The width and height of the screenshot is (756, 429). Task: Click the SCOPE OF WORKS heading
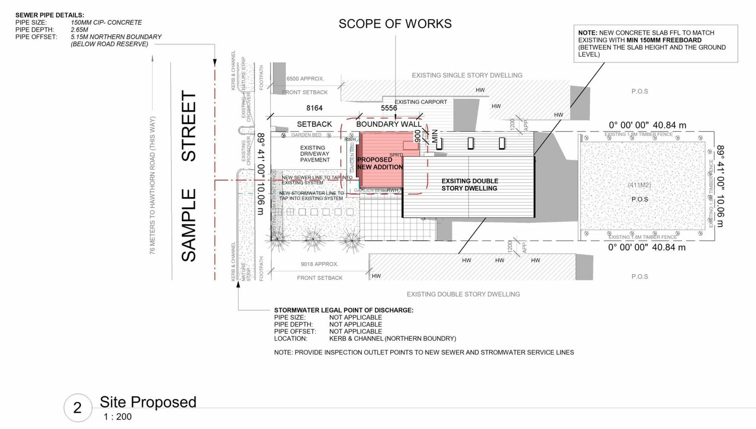pos(395,24)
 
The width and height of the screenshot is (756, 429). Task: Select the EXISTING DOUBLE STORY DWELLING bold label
pos(470,184)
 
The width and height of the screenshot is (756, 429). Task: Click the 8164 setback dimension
pos(314,108)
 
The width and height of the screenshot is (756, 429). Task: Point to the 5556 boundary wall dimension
pos(389,108)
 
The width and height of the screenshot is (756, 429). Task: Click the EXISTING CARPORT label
pos(421,102)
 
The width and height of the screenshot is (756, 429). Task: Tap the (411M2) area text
pos(639,185)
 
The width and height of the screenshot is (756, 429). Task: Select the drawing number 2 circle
pos(78,407)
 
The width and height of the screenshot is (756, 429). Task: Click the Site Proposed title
pos(148,402)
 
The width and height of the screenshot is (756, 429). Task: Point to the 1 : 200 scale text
pos(117,417)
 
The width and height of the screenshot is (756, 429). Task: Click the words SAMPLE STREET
pos(189,176)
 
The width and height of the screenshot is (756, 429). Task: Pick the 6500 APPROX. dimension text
pos(305,79)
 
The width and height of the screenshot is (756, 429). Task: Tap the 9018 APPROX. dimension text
pos(320,264)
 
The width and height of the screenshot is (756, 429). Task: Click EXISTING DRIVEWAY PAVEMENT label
pos(315,154)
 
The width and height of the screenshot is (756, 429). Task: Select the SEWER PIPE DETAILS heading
pos(50,15)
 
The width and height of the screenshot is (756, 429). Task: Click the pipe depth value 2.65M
pos(80,30)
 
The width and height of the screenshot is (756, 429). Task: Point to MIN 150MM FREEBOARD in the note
pos(664,40)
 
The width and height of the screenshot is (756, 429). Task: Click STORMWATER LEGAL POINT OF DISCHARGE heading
pos(344,310)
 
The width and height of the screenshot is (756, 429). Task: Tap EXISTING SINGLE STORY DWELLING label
pos(467,76)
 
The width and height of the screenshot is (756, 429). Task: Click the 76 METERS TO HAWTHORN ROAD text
pos(153,185)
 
